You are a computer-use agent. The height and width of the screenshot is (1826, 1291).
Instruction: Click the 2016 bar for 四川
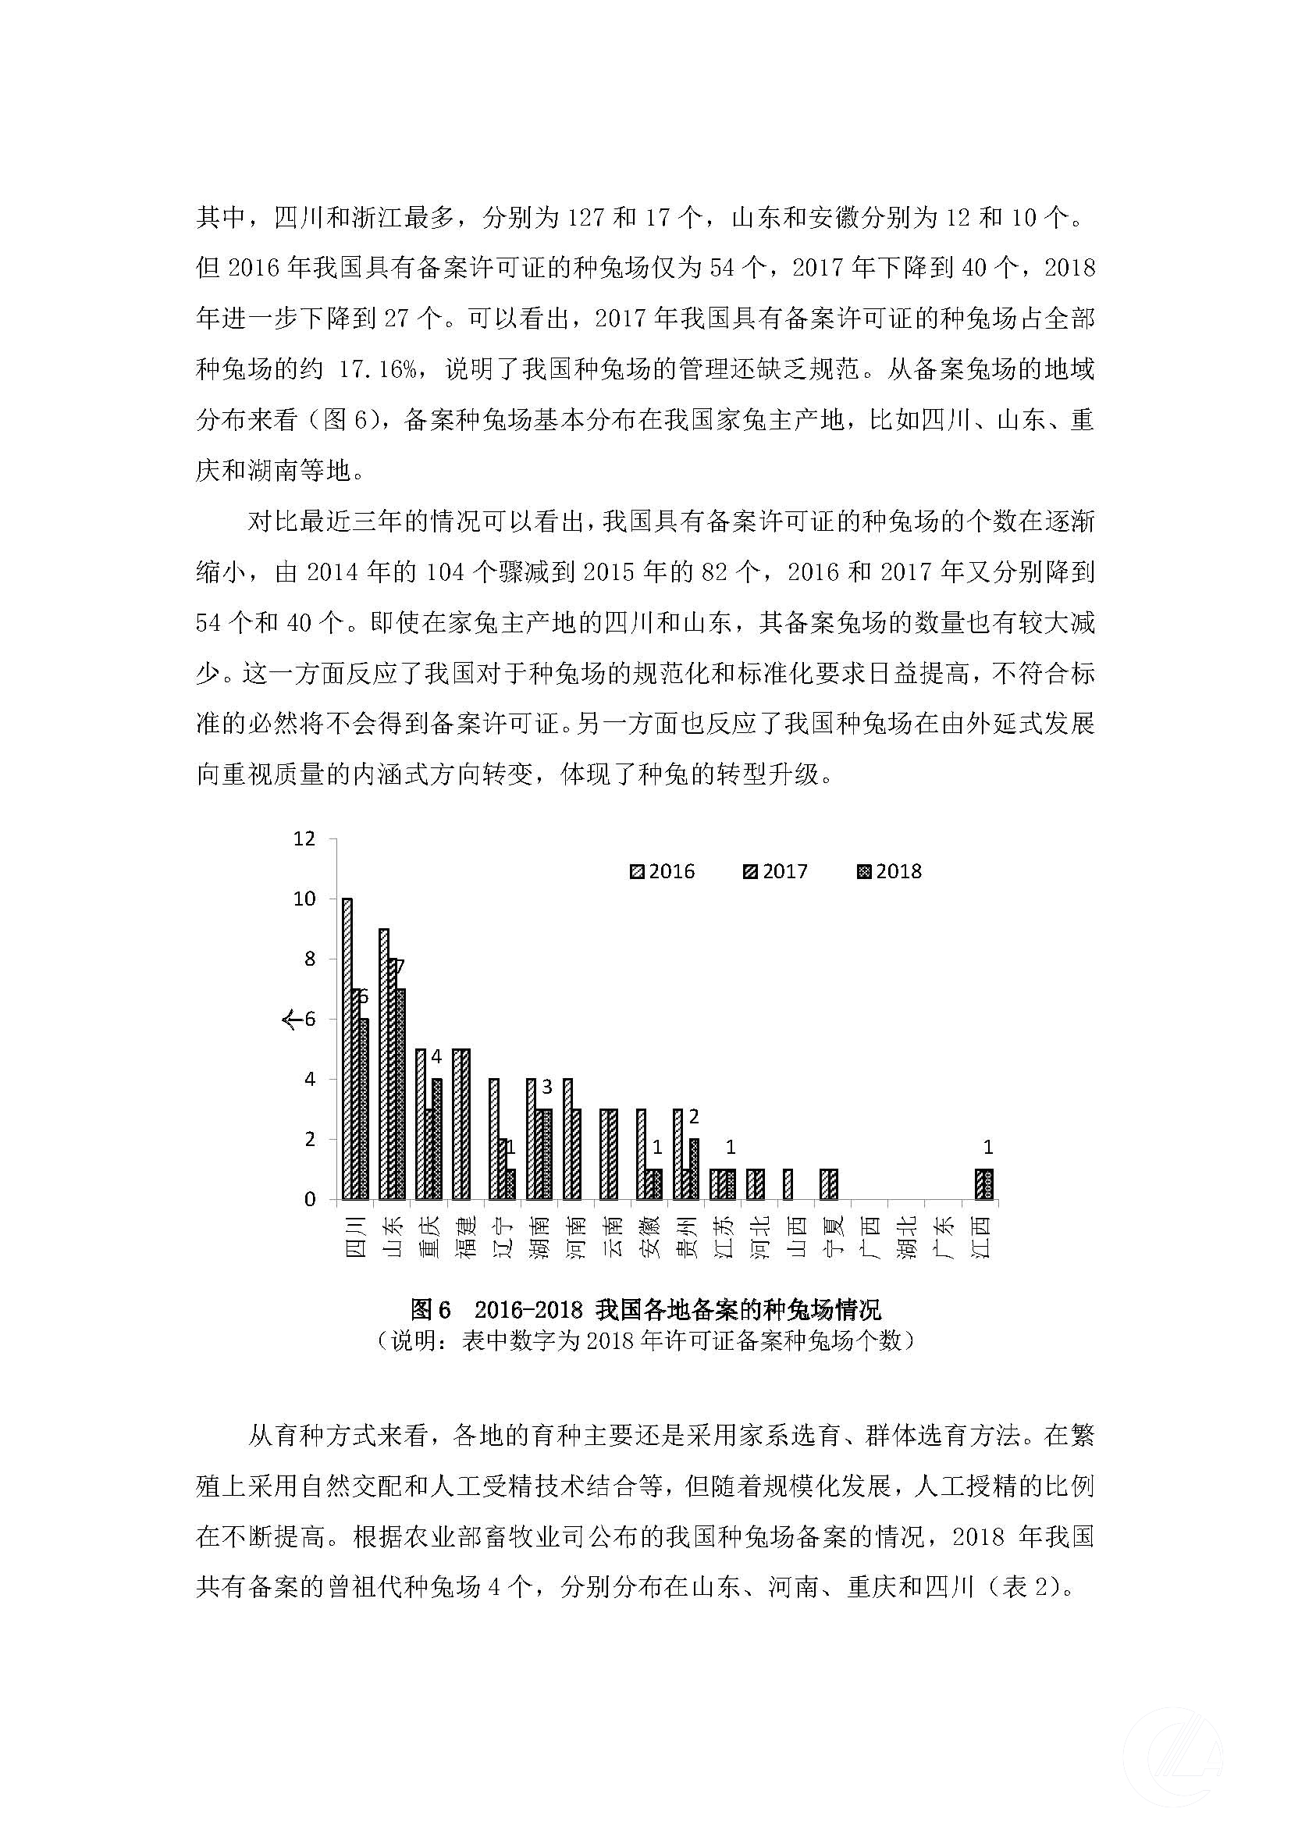pyautogui.click(x=347, y=1048)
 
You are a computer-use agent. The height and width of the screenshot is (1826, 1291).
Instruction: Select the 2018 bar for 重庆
pyautogui.click(x=436, y=1138)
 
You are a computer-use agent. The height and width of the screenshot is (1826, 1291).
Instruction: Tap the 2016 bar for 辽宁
pyautogui.click(x=493, y=1138)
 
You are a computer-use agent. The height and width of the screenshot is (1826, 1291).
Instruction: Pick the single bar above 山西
pyautogui.click(x=788, y=1184)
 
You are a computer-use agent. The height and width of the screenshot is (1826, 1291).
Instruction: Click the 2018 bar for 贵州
pyautogui.click(x=694, y=1169)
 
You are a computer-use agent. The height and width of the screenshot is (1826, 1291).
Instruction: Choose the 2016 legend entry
pyautogui.click(x=661, y=872)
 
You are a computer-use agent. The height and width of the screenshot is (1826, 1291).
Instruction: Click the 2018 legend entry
pyautogui.click(x=889, y=872)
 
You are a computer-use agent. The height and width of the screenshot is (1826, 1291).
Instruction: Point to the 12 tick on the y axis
pyautogui.click(x=305, y=838)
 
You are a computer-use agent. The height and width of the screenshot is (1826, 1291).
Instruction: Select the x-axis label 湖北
pyautogui.click(x=910, y=1237)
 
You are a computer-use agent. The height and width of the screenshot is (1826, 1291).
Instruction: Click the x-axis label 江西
pyautogui.click(x=984, y=1237)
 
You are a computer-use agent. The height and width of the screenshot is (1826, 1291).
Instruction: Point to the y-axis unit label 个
pyautogui.click(x=290, y=1019)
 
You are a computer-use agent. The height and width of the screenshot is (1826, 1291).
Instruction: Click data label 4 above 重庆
pyautogui.click(x=436, y=1057)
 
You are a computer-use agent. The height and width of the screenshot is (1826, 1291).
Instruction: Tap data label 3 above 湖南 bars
pyautogui.click(x=547, y=1087)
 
